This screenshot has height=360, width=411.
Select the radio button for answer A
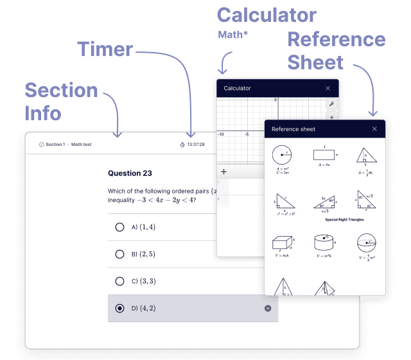click(119, 227)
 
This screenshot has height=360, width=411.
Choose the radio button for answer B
click(119, 254)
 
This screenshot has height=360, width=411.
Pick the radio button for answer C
click(119, 281)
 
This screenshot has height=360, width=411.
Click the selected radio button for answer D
click(119, 309)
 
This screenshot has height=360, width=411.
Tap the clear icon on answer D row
click(268, 309)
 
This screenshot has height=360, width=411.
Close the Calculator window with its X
click(328, 88)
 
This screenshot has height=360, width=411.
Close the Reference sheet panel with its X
click(374, 129)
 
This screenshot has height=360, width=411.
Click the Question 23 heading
click(130, 173)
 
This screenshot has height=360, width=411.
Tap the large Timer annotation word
click(105, 50)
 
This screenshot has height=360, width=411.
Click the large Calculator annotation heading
click(267, 15)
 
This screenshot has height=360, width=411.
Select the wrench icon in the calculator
click(332, 104)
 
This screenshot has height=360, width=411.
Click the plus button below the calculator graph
click(223, 172)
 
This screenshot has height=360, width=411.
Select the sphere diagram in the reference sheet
click(367, 244)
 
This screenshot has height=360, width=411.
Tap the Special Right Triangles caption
click(344, 220)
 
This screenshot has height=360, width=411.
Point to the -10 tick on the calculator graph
click(221, 134)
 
